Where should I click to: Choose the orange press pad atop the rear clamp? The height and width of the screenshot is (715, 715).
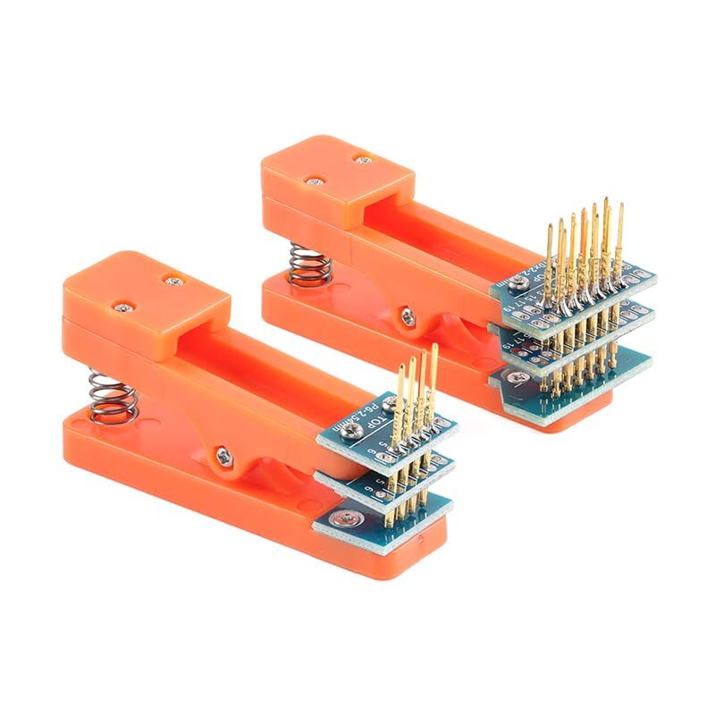pos(338,170)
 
